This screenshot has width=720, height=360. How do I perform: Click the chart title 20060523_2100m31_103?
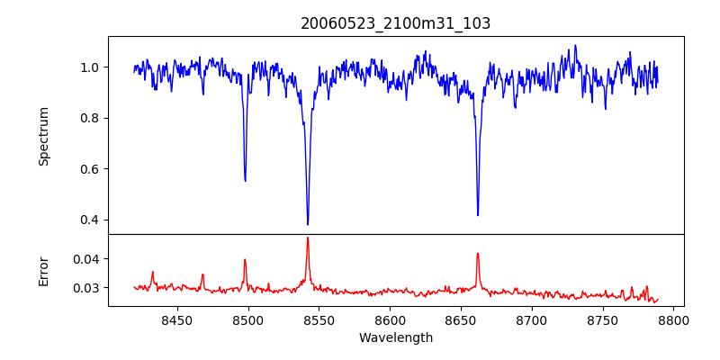tap(395, 23)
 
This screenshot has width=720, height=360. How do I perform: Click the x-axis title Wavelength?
tap(395, 338)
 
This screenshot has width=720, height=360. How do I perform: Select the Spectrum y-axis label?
tap(44, 136)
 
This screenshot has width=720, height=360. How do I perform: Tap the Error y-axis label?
tap(44, 270)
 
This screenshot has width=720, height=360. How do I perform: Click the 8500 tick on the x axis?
tap(248, 319)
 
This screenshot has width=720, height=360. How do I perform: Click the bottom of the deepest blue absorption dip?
tap(308, 224)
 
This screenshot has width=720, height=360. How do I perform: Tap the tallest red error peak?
tap(308, 238)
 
